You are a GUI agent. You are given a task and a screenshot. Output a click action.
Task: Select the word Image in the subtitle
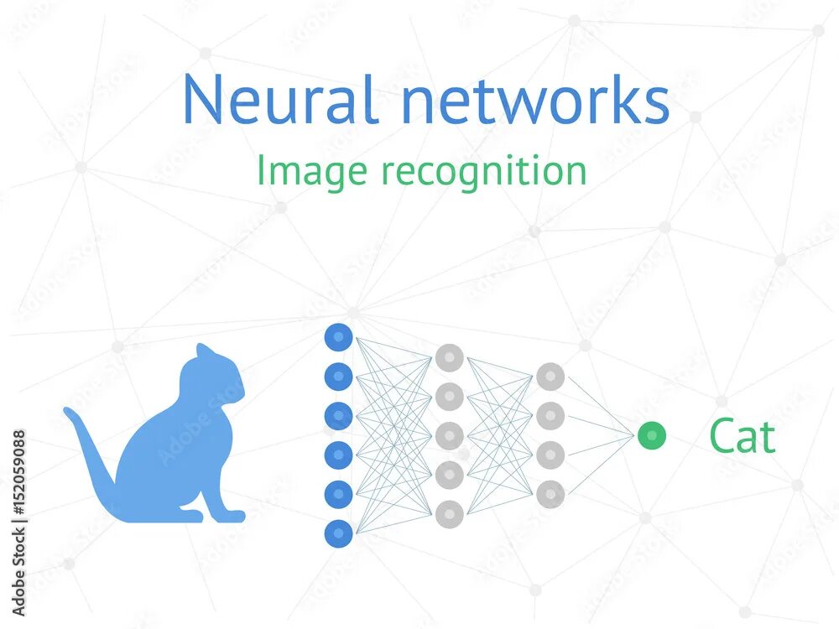pos(311,171)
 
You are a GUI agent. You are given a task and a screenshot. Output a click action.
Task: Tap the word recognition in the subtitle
pos(483,171)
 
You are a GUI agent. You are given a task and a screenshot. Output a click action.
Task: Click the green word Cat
pos(742,436)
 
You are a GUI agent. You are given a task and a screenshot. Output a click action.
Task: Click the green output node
pos(651,435)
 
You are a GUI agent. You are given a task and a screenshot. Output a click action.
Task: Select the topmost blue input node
pos(338,337)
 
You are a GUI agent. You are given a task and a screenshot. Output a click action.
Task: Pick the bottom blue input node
pos(338,533)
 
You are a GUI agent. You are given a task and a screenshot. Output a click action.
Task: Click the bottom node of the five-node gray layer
pos(449,512)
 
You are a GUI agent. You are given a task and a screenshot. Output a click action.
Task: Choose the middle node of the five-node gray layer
pos(449,435)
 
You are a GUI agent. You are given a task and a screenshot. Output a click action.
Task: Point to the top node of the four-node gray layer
pos(550,377)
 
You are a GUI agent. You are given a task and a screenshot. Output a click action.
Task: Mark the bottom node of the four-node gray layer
pos(550,494)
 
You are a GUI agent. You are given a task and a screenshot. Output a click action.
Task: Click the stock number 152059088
pos(19,486)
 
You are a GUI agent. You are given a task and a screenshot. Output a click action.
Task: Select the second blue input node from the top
pos(338,377)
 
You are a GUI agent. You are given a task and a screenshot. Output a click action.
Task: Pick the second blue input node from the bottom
pos(338,493)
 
